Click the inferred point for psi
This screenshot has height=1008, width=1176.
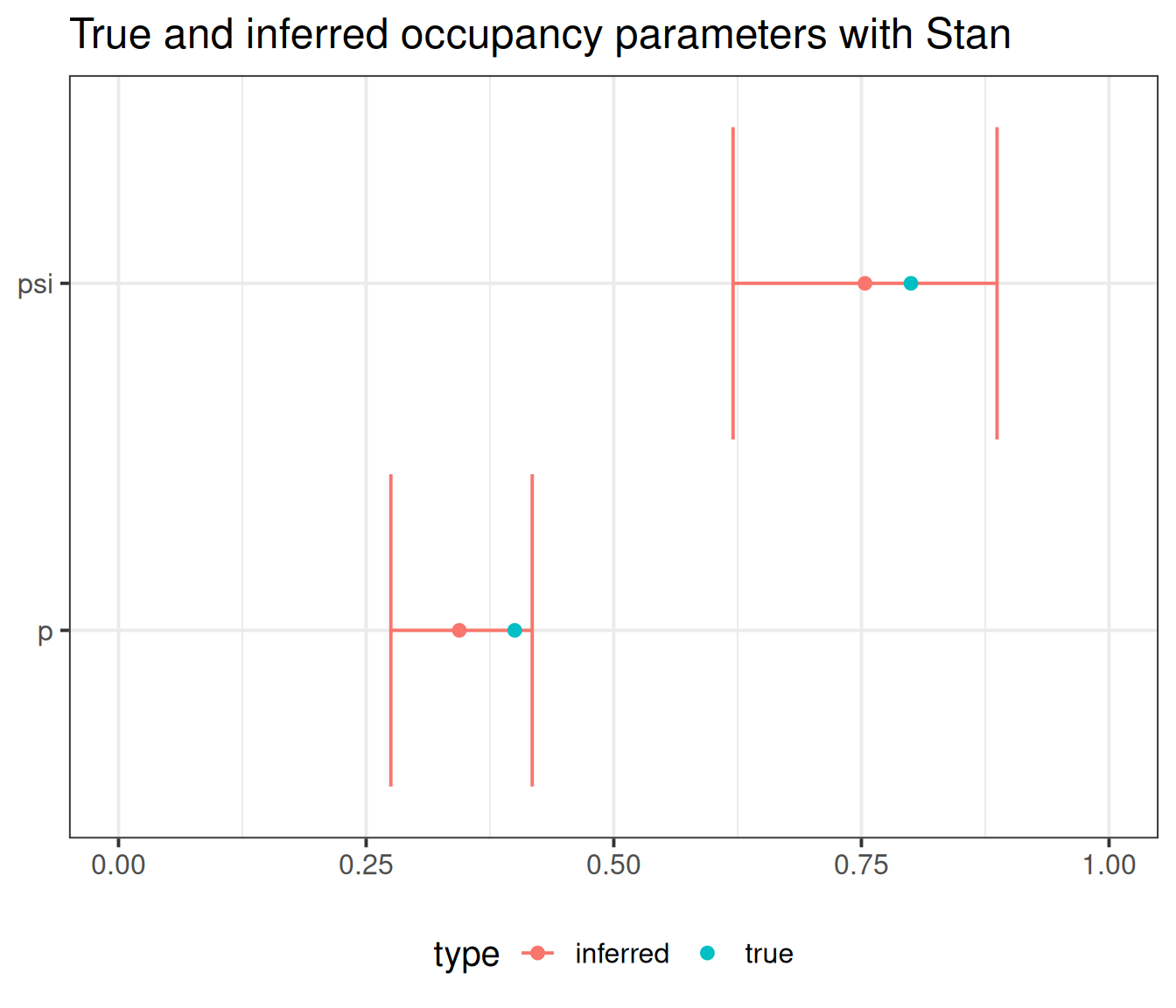click(864, 283)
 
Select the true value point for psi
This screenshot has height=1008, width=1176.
click(911, 283)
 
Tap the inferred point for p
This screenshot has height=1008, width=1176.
click(459, 630)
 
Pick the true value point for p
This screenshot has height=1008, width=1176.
click(514, 630)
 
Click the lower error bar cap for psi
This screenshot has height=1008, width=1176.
click(733, 283)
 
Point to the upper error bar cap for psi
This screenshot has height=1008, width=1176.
click(997, 283)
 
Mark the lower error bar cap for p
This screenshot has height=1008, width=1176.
click(391, 630)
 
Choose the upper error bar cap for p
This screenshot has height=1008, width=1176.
click(532, 630)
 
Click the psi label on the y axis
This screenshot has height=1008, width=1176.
click(36, 284)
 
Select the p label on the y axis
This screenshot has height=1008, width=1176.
click(45, 633)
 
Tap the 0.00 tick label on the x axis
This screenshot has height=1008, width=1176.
click(118, 865)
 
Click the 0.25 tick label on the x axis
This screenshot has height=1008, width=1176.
click(366, 865)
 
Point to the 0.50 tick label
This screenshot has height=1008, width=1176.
click(613, 865)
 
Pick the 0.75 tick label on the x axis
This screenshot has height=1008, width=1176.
click(861, 865)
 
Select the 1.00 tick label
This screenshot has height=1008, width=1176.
click(1109, 865)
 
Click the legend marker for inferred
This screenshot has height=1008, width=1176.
click(538, 953)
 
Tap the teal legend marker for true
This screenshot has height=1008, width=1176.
click(708, 953)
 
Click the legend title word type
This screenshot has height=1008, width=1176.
click(466, 955)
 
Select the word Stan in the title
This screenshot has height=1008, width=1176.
click(968, 35)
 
